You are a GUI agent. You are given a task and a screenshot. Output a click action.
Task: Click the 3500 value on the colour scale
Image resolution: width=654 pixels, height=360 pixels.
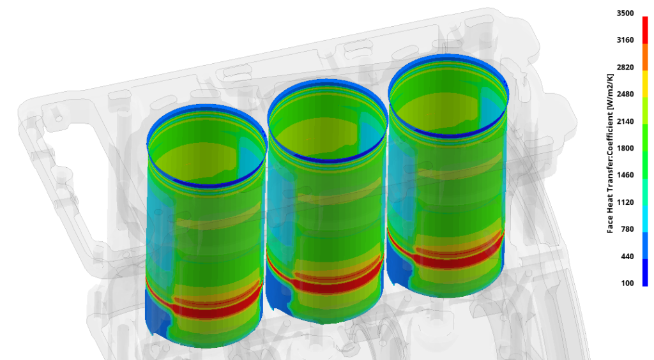(x=625, y=13)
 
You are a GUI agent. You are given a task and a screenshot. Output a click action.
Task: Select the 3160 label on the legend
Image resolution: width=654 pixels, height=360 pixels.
(x=625, y=40)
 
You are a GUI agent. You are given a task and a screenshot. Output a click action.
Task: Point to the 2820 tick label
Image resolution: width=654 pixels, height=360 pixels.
(x=625, y=67)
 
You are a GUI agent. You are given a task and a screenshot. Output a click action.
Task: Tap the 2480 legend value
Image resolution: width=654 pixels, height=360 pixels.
(x=625, y=94)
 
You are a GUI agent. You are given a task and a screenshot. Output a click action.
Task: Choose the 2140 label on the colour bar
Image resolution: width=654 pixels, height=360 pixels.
(x=625, y=121)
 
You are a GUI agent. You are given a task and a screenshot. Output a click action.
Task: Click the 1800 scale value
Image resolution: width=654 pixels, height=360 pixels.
(x=625, y=148)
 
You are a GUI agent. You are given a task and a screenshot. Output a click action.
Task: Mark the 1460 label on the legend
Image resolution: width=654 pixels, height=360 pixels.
(x=625, y=175)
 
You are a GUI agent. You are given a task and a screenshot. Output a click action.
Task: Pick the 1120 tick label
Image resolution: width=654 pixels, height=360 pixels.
(x=625, y=202)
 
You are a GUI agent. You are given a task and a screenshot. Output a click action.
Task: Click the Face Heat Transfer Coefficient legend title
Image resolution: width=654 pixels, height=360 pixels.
(x=610, y=153)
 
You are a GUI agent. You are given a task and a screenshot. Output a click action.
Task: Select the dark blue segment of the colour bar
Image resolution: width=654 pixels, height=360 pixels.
(x=645, y=271)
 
